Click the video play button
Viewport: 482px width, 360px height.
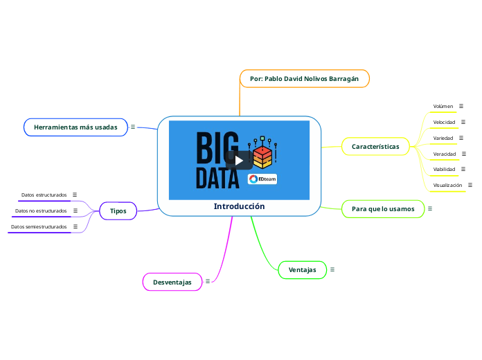tap(238, 161)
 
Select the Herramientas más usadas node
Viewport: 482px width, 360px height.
tap(75, 127)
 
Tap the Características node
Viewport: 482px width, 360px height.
tap(375, 146)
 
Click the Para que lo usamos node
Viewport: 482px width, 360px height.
tap(383, 208)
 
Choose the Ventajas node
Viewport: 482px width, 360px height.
tap(302, 269)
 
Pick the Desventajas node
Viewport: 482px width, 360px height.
tap(172, 282)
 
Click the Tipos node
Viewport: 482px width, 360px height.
tap(118, 210)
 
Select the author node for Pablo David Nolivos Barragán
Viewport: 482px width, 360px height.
tap(304, 79)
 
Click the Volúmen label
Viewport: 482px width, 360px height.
tap(443, 107)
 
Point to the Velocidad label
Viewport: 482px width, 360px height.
tap(444, 122)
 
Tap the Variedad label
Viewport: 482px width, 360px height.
tap(443, 138)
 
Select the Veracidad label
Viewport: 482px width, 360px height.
tap(445, 153)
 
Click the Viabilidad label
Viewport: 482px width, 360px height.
tap(445, 169)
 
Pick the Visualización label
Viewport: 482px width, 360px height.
tap(447, 186)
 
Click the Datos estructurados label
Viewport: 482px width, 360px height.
tap(44, 195)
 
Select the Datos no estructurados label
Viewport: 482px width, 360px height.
tap(41, 210)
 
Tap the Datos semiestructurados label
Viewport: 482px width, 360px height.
tap(39, 226)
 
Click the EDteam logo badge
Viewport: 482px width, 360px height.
tap(262, 179)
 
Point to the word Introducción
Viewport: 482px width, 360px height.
tap(239, 206)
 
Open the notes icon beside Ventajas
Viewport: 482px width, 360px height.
tap(332, 269)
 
